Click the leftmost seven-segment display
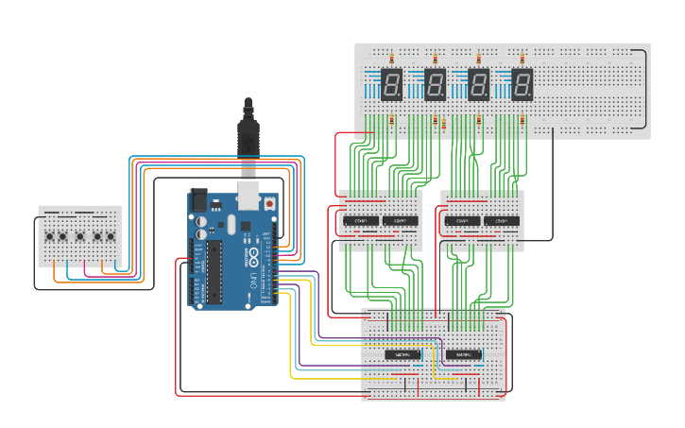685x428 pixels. tap(391, 84)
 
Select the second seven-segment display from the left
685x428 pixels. tap(435, 84)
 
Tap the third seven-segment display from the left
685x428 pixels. tap(478, 84)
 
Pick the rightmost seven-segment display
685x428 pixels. tap(522, 84)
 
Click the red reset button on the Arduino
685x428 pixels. tap(269, 203)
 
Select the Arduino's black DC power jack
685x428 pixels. tap(199, 200)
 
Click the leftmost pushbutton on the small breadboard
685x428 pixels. tap(48, 236)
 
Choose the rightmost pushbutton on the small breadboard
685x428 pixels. tap(111, 236)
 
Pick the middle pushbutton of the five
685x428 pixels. tap(80, 236)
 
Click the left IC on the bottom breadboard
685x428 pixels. tap(402, 355)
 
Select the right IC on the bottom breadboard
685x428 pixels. tap(463, 355)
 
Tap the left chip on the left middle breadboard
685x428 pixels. tap(360, 221)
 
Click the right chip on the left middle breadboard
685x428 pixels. tap(400, 221)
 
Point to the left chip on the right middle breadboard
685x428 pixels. tap(462, 221)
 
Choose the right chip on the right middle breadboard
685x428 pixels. tap(501, 221)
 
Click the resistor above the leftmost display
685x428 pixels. tap(391, 57)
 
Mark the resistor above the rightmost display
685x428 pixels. tap(522, 57)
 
